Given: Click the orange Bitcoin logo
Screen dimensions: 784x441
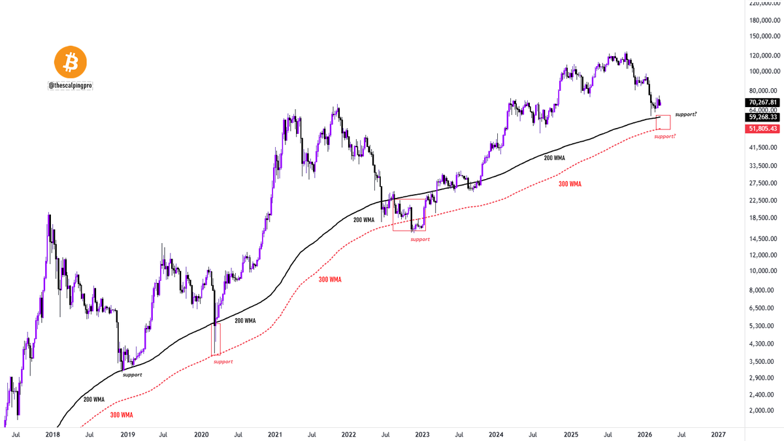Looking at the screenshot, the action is click(71, 62).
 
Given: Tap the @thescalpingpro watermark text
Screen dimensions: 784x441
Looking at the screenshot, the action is click(71, 86).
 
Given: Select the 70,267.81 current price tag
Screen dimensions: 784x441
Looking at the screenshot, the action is click(762, 102).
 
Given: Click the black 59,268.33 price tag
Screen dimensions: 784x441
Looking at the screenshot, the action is click(762, 117).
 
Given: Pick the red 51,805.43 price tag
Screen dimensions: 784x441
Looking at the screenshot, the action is click(762, 129).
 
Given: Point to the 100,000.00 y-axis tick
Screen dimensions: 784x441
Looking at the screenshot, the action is click(764, 71).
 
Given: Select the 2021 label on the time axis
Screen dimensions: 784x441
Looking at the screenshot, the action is click(275, 434).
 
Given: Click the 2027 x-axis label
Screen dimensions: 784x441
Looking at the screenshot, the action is click(718, 434).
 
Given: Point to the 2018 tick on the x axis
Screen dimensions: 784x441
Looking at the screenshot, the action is click(52, 434).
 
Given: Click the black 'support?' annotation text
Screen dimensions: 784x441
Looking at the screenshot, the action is click(685, 114).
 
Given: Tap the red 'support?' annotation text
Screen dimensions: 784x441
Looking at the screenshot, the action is click(665, 136).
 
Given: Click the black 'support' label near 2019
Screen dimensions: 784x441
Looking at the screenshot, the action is click(132, 375).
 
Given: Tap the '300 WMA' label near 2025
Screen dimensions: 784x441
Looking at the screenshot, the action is click(570, 184).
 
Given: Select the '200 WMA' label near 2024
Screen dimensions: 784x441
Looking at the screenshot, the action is click(555, 158).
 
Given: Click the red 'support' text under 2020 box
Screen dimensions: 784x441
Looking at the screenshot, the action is click(223, 361).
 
